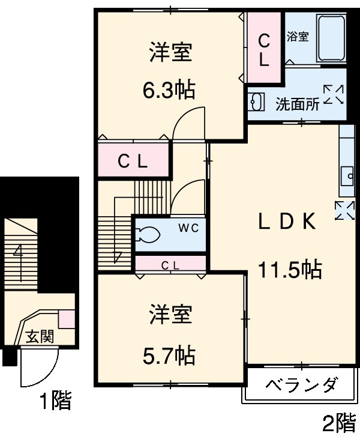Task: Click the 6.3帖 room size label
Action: tap(169, 90)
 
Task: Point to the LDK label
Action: tap(287, 222)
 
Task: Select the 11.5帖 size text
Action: tap(290, 270)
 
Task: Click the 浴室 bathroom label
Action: tap(298, 37)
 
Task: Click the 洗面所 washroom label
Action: tap(297, 104)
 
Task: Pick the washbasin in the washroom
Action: tap(256, 102)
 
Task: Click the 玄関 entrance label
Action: tap(39, 336)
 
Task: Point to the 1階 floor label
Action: tap(56, 401)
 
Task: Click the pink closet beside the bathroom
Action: tap(264, 48)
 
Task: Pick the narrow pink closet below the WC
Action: tap(172, 264)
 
